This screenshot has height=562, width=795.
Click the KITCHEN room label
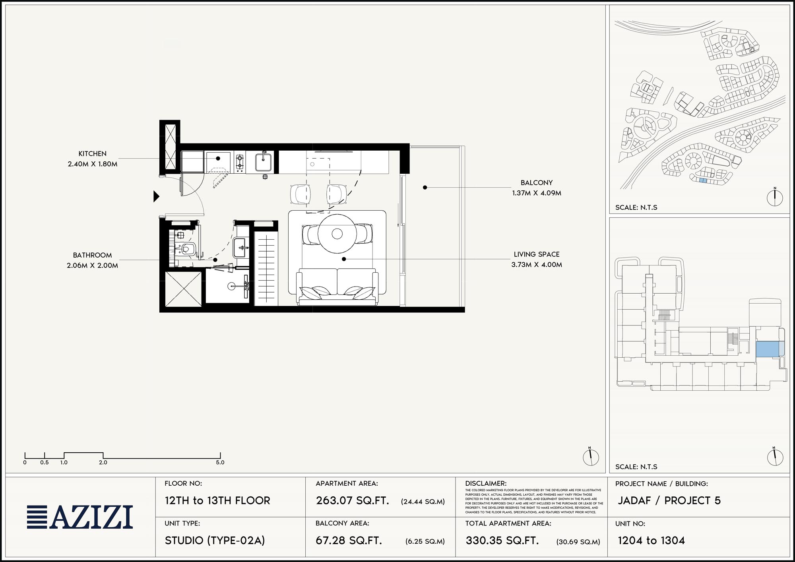(92, 153)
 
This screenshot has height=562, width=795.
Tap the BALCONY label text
(537, 182)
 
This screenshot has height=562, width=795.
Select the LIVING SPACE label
(537, 254)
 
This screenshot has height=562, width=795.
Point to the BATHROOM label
(92, 255)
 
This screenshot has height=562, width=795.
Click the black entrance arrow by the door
(156, 196)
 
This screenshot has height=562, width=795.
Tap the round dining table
(337, 234)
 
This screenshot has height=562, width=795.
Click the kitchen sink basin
(263, 162)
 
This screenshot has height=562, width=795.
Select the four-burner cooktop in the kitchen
(240, 162)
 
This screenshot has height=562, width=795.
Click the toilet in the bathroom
(186, 249)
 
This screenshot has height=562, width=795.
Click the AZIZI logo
(80, 517)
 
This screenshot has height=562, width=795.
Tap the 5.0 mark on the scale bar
(220, 462)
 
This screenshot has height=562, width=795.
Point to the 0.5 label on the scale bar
(44, 462)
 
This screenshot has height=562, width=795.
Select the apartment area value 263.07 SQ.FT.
(352, 500)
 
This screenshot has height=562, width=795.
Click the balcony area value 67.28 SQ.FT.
(349, 541)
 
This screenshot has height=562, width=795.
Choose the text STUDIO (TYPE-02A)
(215, 541)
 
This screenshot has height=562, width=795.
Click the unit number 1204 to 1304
(651, 541)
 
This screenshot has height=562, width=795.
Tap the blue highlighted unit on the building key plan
(767, 349)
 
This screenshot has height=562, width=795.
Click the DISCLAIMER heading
(486, 484)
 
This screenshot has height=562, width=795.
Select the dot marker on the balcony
(425, 187)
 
